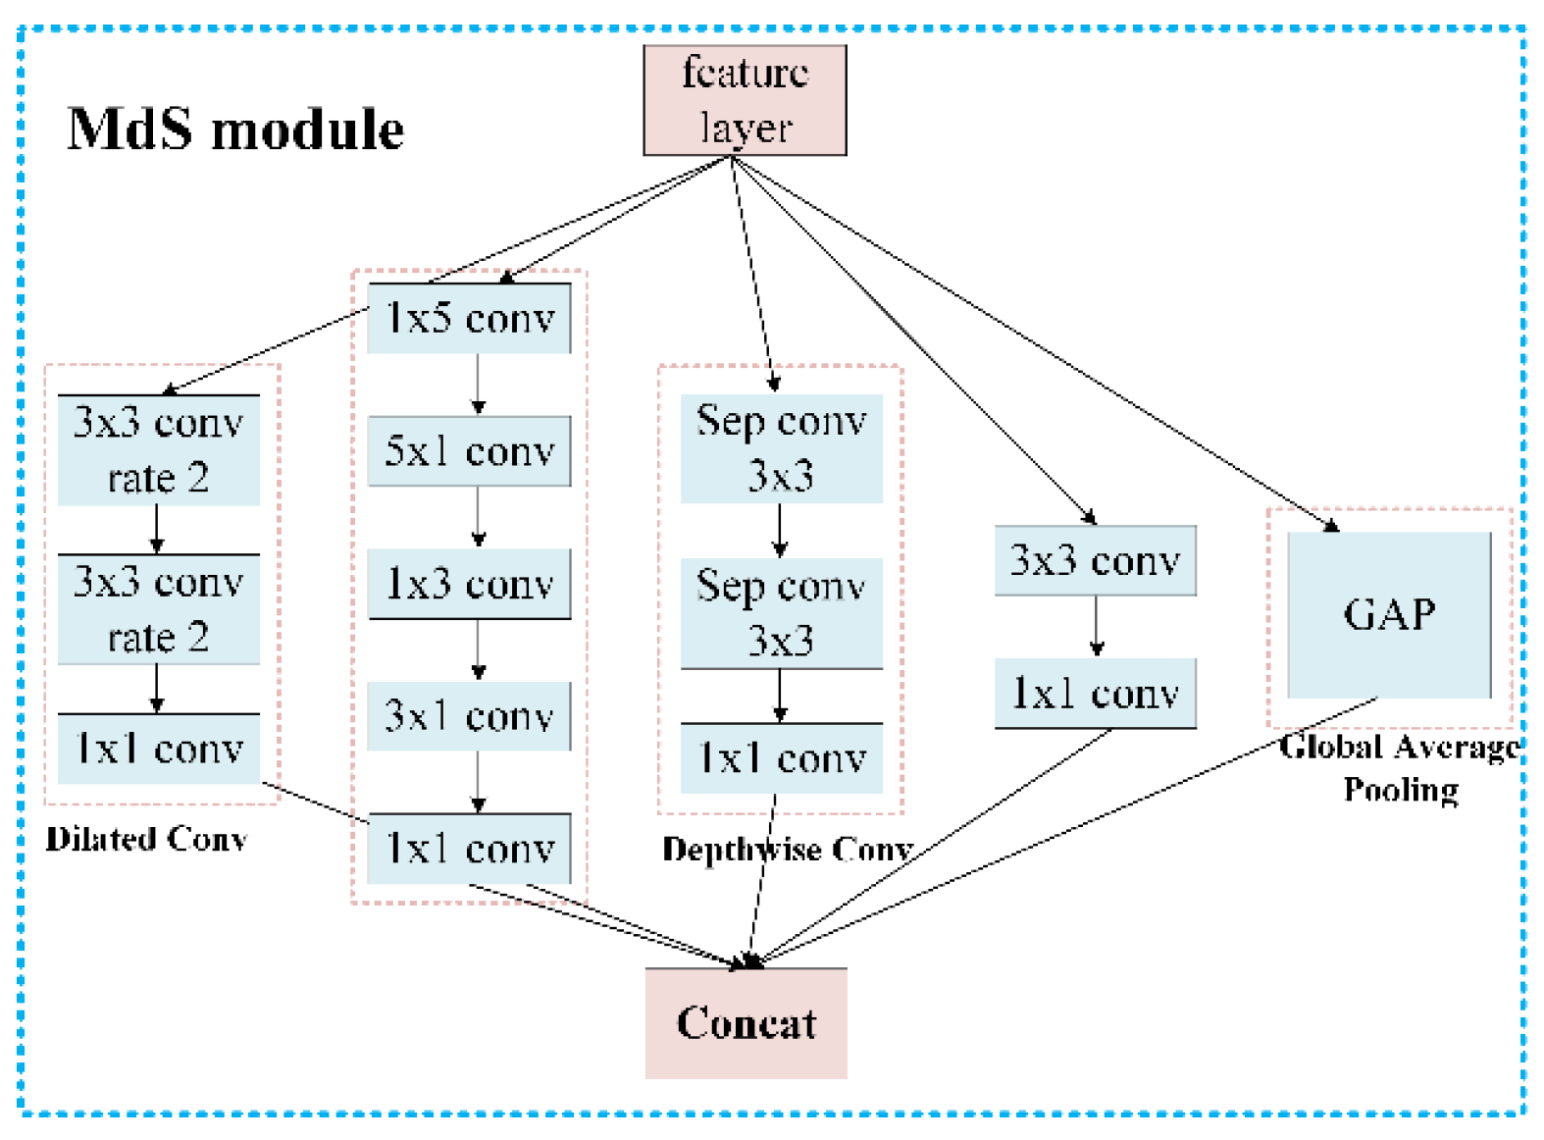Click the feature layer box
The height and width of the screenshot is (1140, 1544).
[x=745, y=100]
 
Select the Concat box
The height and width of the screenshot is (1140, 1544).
[x=746, y=1023]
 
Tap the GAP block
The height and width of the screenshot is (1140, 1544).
[x=1389, y=615]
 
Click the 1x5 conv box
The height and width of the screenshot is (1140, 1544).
[x=469, y=319]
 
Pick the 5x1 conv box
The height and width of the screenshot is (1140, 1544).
[x=469, y=451]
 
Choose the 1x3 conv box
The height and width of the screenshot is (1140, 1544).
[x=469, y=584]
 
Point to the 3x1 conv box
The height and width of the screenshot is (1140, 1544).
[x=469, y=716]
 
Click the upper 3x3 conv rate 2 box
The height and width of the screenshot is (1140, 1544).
[x=158, y=450]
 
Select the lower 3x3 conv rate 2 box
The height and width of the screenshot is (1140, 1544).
[x=158, y=609]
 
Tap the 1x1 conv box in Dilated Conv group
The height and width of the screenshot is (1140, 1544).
[x=158, y=750]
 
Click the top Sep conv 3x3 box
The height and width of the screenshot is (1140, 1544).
[x=781, y=448]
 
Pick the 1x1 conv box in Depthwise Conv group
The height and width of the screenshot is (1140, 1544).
[x=781, y=758]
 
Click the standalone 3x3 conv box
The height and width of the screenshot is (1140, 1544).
[x=1095, y=561]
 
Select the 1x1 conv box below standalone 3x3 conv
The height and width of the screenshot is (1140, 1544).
[x=1095, y=694]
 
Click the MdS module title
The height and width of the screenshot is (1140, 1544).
[x=235, y=130]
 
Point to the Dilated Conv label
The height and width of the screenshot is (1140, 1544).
[x=146, y=839]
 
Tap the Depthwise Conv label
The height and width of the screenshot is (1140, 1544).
[x=788, y=849]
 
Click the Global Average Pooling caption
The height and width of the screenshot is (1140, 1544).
[x=1400, y=768]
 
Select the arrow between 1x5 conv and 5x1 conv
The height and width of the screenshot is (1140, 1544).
[x=478, y=385]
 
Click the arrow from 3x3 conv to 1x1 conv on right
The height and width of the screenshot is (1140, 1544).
[x=1097, y=626]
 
